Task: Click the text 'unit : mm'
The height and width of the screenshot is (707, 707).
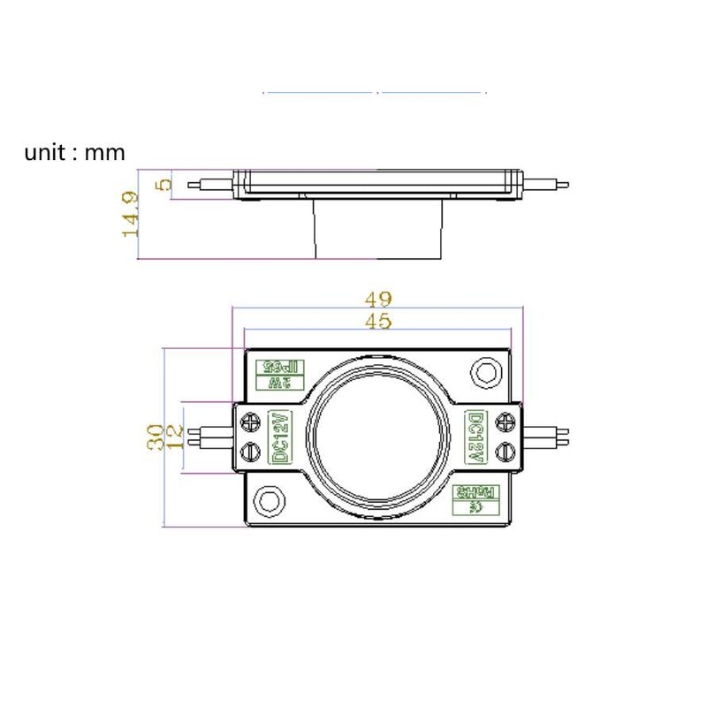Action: (x=75, y=152)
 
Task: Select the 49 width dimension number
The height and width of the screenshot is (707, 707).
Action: (x=378, y=300)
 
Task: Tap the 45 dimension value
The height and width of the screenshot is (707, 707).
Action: (x=378, y=323)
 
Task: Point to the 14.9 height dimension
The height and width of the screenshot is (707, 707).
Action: (x=131, y=214)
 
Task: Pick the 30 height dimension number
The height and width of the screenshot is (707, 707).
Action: (x=156, y=437)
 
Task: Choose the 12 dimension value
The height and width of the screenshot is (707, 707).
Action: (x=175, y=437)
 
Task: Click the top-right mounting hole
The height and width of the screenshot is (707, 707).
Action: (x=485, y=371)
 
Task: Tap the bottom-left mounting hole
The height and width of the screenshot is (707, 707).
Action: (x=268, y=501)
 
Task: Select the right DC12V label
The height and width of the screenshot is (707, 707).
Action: (x=475, y=437)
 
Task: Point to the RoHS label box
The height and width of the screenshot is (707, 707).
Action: (x=469, y=500)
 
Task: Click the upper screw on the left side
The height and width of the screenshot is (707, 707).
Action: (x=251, y=422)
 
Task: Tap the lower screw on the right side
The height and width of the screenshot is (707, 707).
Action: (x=506, y=451)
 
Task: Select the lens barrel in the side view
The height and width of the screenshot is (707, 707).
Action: (x=378, y=228)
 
